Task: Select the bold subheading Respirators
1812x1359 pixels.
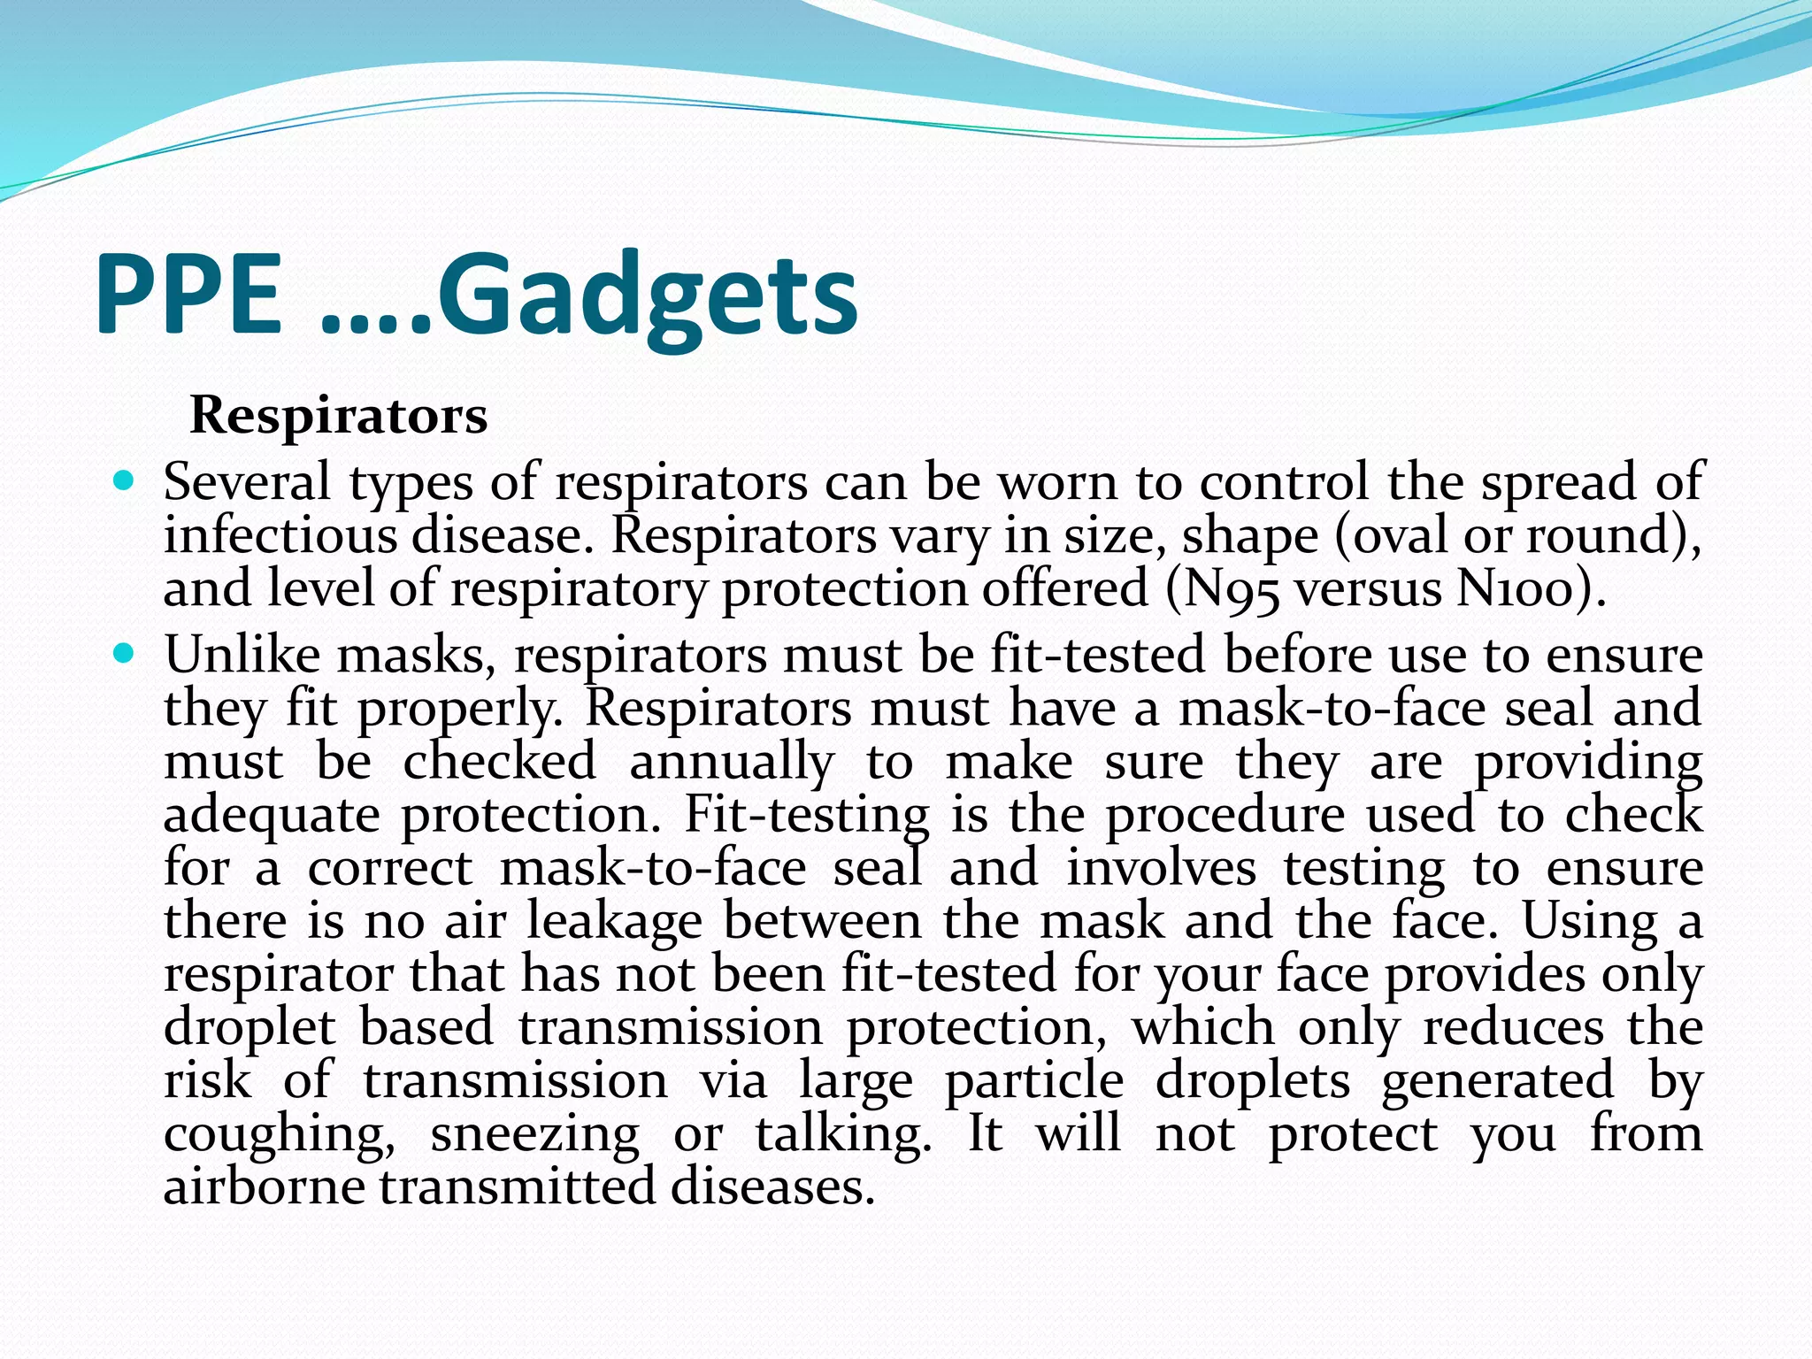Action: (x=338, y=415)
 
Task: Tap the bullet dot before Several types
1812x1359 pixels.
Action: (x=124, y=482)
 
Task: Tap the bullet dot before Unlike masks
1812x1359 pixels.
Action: (x=124, y=655)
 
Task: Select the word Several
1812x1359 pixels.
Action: (x=247, y=483)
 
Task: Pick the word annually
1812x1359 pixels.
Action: (x=731, y=763)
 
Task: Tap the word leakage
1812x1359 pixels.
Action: (x=614, y=921)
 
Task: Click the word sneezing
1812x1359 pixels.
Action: (x=534, y=1135)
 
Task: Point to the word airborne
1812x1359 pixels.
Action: (x=264, y=1187)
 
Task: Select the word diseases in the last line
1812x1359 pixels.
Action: (x=772, y=1187)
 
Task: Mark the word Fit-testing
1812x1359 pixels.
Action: (x=806, y=815)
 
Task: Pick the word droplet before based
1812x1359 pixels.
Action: (x=250, y=1028)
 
